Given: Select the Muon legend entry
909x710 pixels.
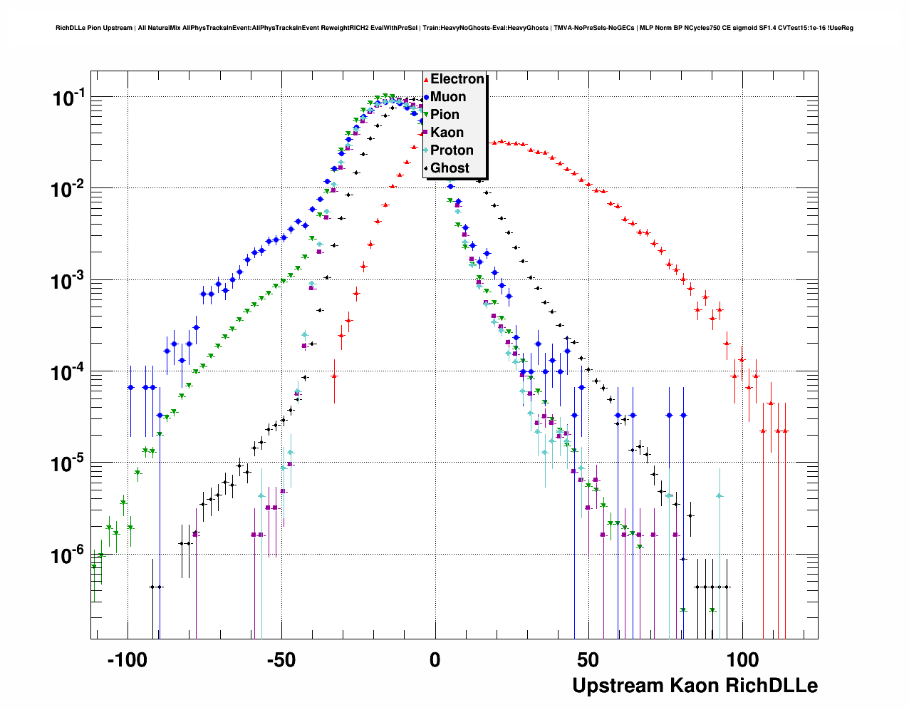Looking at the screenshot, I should tap(448, 97).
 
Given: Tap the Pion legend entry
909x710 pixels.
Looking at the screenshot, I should tap(445, 115).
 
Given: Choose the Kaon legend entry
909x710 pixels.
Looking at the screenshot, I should tap(447, 133).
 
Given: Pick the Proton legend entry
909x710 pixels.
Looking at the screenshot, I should tap(452, 150).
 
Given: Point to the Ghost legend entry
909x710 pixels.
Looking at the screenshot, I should tap(450, 168).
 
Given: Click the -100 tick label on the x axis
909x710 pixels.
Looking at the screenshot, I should tap(127, 660).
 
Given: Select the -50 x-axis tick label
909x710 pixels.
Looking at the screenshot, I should tap(281, 660).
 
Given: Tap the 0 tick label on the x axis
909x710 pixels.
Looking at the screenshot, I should tap(435, 660).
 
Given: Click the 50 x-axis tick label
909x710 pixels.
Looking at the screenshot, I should tap(588, 660).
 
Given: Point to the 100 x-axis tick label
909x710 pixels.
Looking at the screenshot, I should tap(742, 660).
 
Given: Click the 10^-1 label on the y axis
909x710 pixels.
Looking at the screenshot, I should tap(68, 98).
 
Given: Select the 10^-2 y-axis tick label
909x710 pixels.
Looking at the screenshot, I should tap(68, 190).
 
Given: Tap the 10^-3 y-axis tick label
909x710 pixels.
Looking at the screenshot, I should tap(68, 282).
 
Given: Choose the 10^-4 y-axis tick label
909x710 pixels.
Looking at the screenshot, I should tap(68, 373).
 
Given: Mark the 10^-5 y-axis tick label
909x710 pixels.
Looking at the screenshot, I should tap(68, 464).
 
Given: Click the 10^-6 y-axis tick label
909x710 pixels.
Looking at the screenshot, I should tap(68, 555).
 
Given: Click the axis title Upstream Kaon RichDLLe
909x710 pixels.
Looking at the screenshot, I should tap(695, 686).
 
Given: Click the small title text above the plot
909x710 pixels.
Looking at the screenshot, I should tap(454, 28).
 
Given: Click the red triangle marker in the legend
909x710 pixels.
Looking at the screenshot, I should tap(426, 80).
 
